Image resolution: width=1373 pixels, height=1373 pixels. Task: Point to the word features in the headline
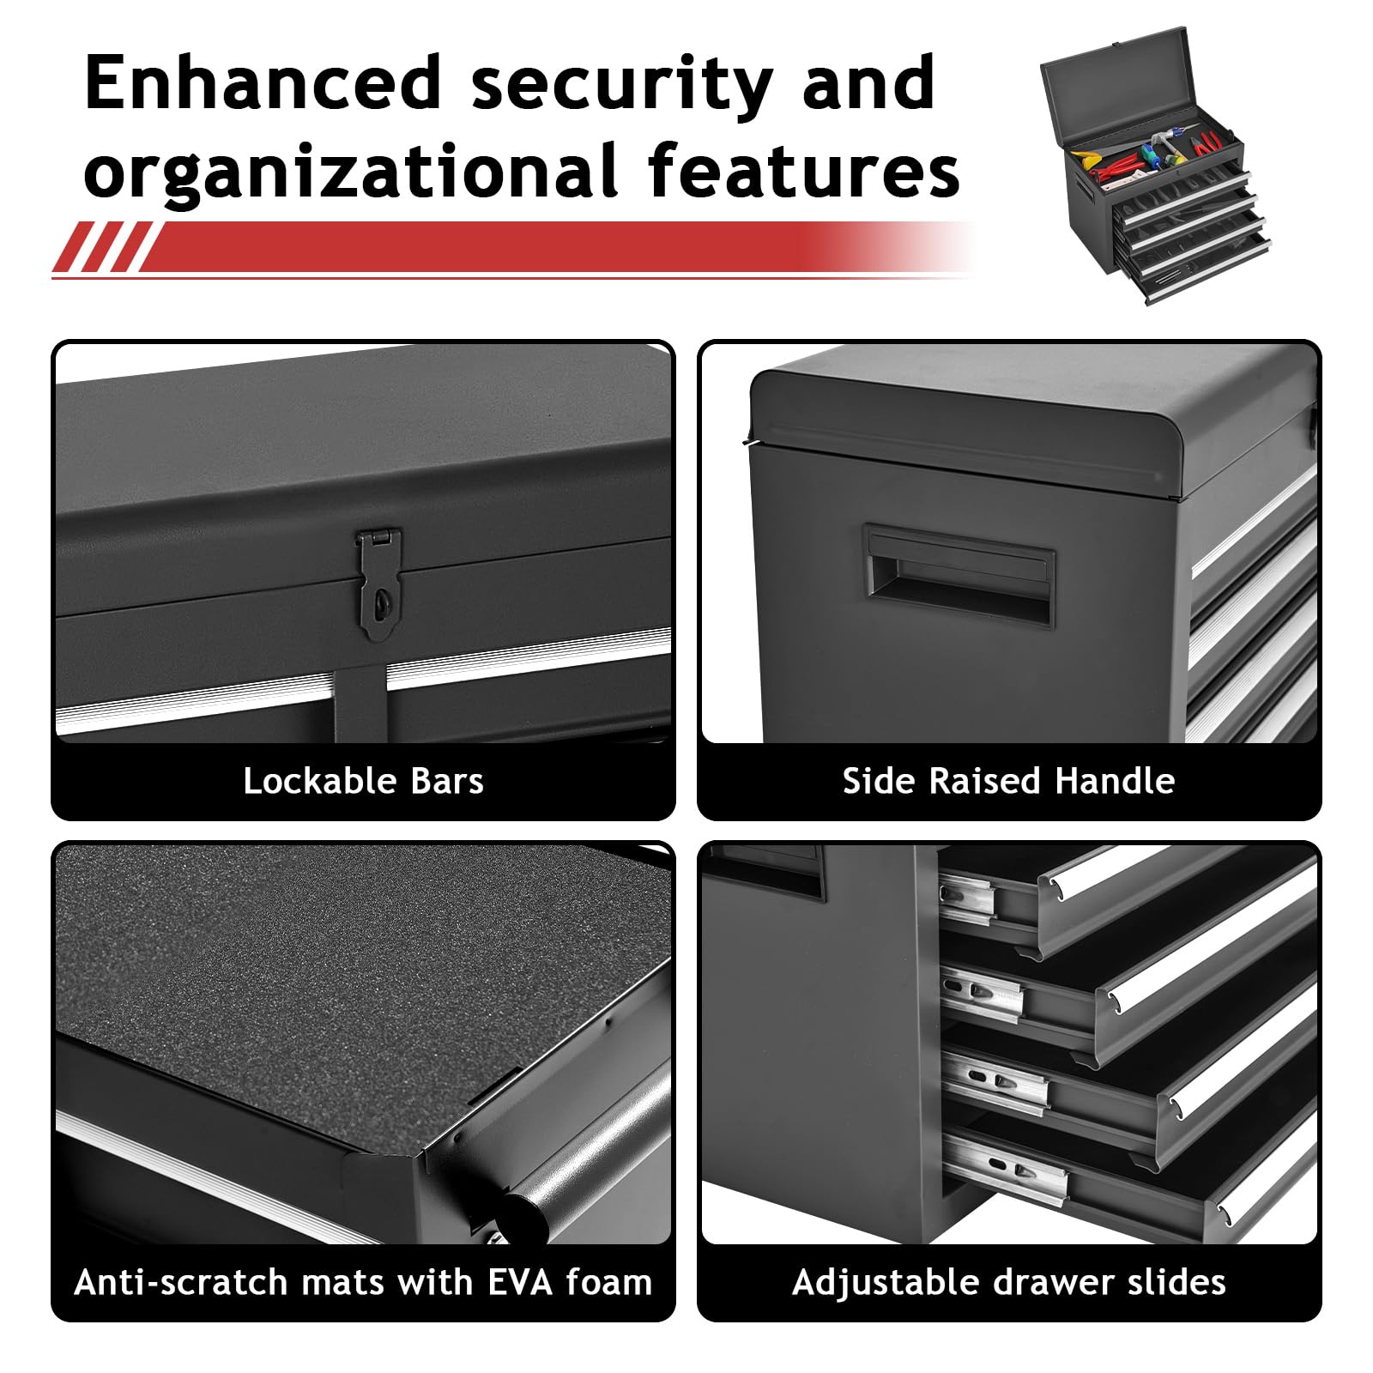coord(804,169)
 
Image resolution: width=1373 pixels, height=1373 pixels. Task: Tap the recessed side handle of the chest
coord(959,575)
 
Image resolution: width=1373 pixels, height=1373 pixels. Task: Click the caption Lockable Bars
coord(363,781)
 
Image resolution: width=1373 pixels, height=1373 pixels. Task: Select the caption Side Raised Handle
coord(1008,781)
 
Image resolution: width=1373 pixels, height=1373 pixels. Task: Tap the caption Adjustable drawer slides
coord(1008,1282)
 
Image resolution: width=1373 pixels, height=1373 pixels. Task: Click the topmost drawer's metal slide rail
coord(968,896)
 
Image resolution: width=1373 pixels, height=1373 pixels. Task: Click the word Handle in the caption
coord(1115,781)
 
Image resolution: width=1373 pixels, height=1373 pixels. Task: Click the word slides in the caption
coord(1176,1282)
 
